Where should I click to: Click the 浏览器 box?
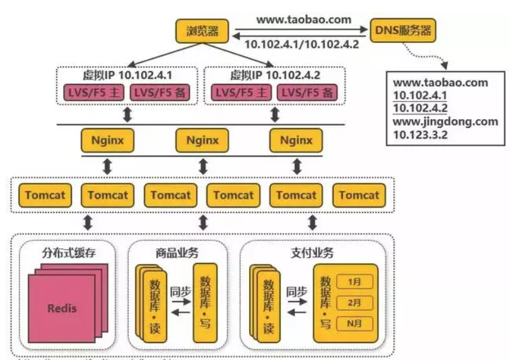(x=202, y=30)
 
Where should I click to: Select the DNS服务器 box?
(x=403, y=30)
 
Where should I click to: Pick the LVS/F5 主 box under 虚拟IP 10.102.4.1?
(x=93, y=93)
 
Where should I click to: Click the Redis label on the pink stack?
(x=62, y=308)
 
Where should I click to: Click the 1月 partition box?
(x=355, y=282)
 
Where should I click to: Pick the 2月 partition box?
(x=355, y=303)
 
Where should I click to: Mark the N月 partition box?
(x=355, y=323)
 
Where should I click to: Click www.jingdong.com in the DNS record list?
(x=446, y=121)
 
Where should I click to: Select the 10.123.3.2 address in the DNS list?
(x=421, y=134)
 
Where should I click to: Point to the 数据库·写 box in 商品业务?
(x=205, y=303)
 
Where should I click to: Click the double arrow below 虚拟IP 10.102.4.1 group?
(x=127, y=115)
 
